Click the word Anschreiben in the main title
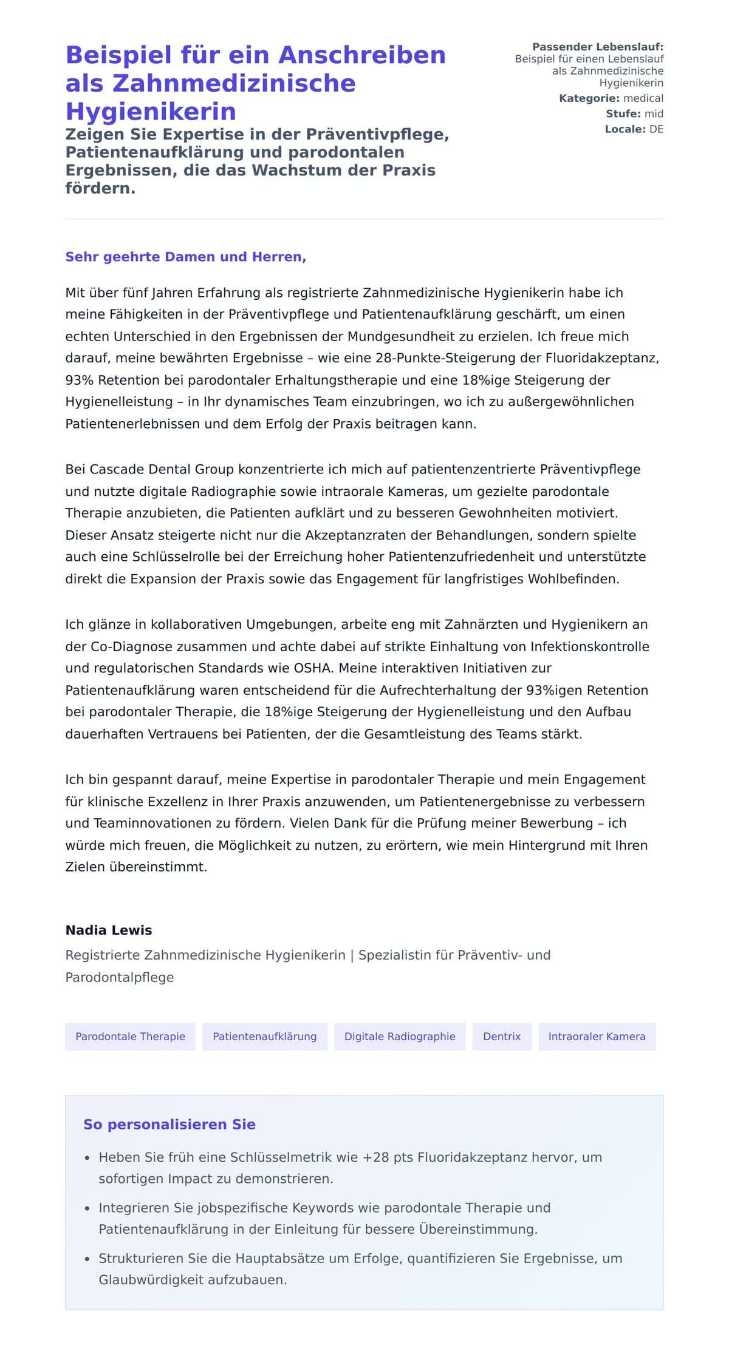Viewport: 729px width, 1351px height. pos(362,55)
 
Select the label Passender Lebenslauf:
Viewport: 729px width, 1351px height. pos(598,47)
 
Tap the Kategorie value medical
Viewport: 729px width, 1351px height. pos(643,98)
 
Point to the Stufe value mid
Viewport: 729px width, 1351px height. pos(654,113)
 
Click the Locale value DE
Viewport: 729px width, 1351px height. pos(656,129)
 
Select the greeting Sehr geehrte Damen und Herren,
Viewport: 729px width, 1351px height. pos(185,257)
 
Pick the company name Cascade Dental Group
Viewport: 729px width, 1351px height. pos(162,469)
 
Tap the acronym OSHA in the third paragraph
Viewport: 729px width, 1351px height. pos(313,668)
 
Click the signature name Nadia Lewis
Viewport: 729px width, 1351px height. pos(109,930)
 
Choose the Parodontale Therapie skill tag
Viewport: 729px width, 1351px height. pos(130,1036)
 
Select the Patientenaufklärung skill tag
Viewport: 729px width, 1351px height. pos(264,1036)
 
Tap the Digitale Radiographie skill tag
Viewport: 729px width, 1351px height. pos(400,1036)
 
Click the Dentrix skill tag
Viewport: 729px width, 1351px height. pos(502,1036)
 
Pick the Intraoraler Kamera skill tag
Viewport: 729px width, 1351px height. pos(597,1036)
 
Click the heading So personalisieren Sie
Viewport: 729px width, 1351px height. pos(169,1124)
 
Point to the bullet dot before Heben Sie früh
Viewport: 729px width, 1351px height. pos(87,1158)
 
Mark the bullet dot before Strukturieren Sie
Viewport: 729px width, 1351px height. pos(87,1259)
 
